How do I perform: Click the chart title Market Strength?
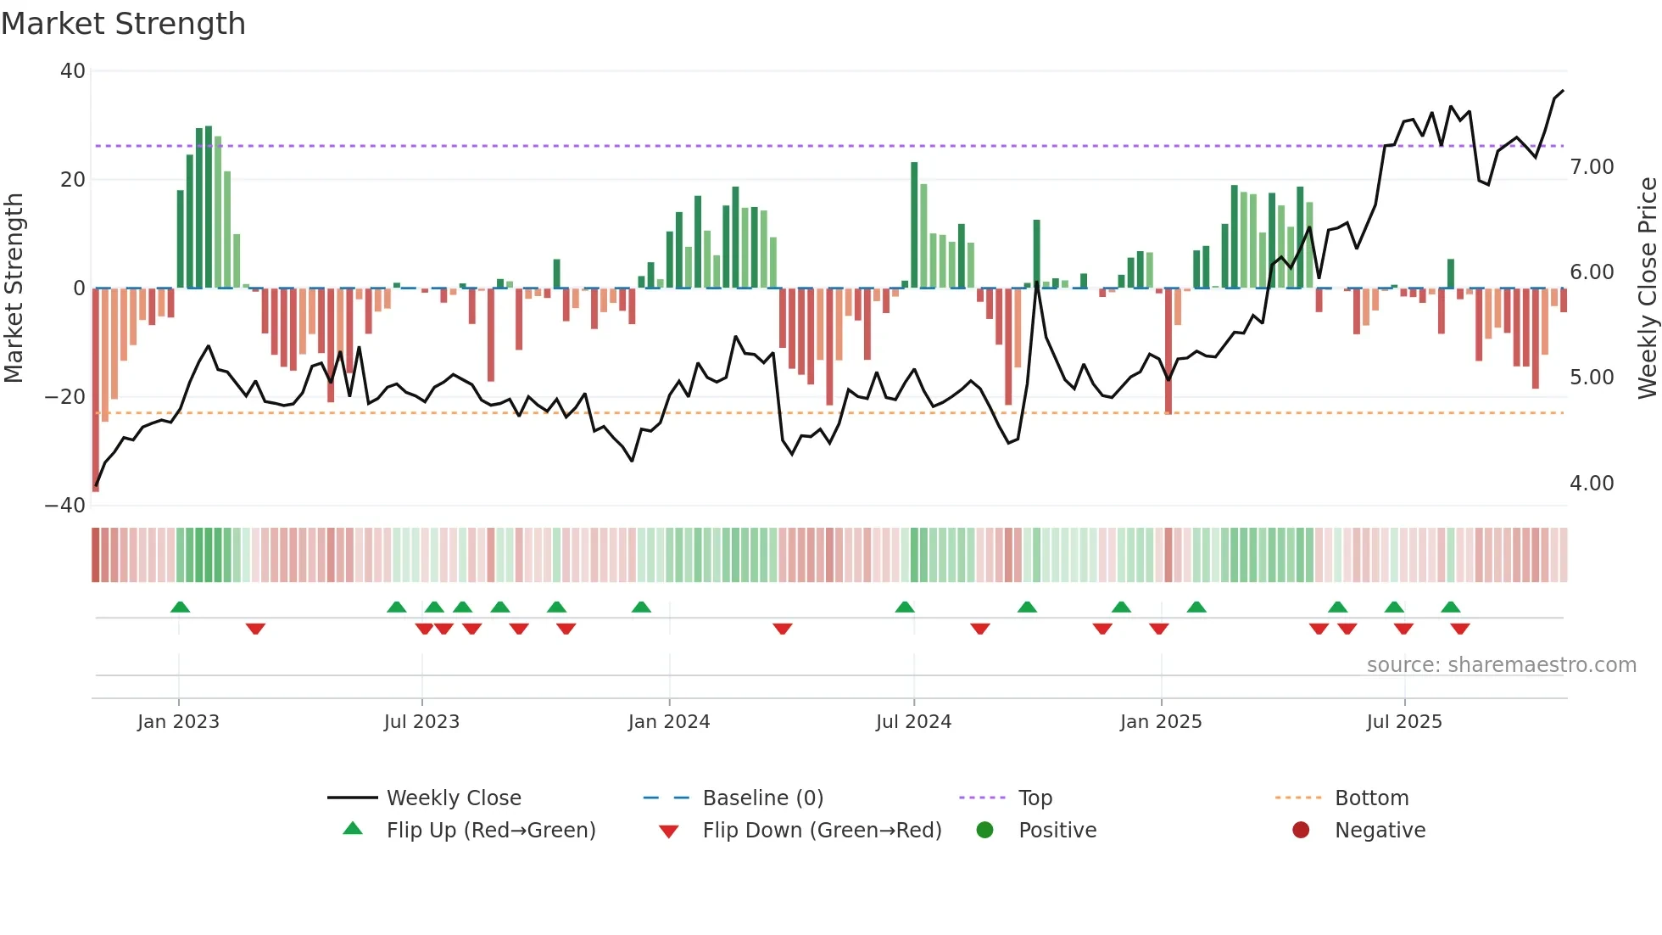[123, 24]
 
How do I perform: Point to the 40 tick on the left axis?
[73, 71]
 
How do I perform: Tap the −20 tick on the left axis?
[65, 397]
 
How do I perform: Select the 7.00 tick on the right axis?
[1592, 167]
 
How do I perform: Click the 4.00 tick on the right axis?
[1592, 484]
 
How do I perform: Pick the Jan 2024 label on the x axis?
[669, 722]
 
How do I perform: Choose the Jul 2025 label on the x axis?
[1404, 722]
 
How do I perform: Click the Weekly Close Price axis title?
[1647, 288]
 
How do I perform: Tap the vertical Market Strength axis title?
[14, 288]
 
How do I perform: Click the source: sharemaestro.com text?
[1501, 665]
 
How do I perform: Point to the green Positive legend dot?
[984, 831]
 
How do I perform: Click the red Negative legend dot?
[1301, 831]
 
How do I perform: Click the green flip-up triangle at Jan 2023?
[180, 607]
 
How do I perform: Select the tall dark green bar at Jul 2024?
[914, 225]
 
